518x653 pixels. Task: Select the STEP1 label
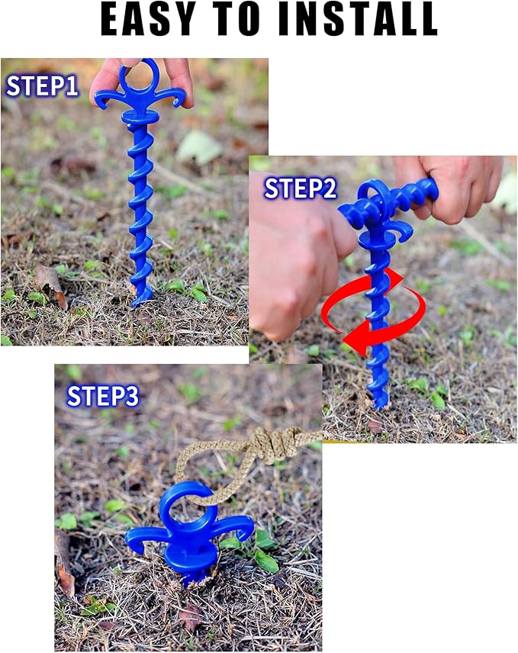[42, 86]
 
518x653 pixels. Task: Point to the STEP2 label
[300, 188]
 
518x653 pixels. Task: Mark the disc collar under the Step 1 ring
[140, 117]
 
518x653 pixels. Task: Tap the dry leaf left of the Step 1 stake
[50, 281]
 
